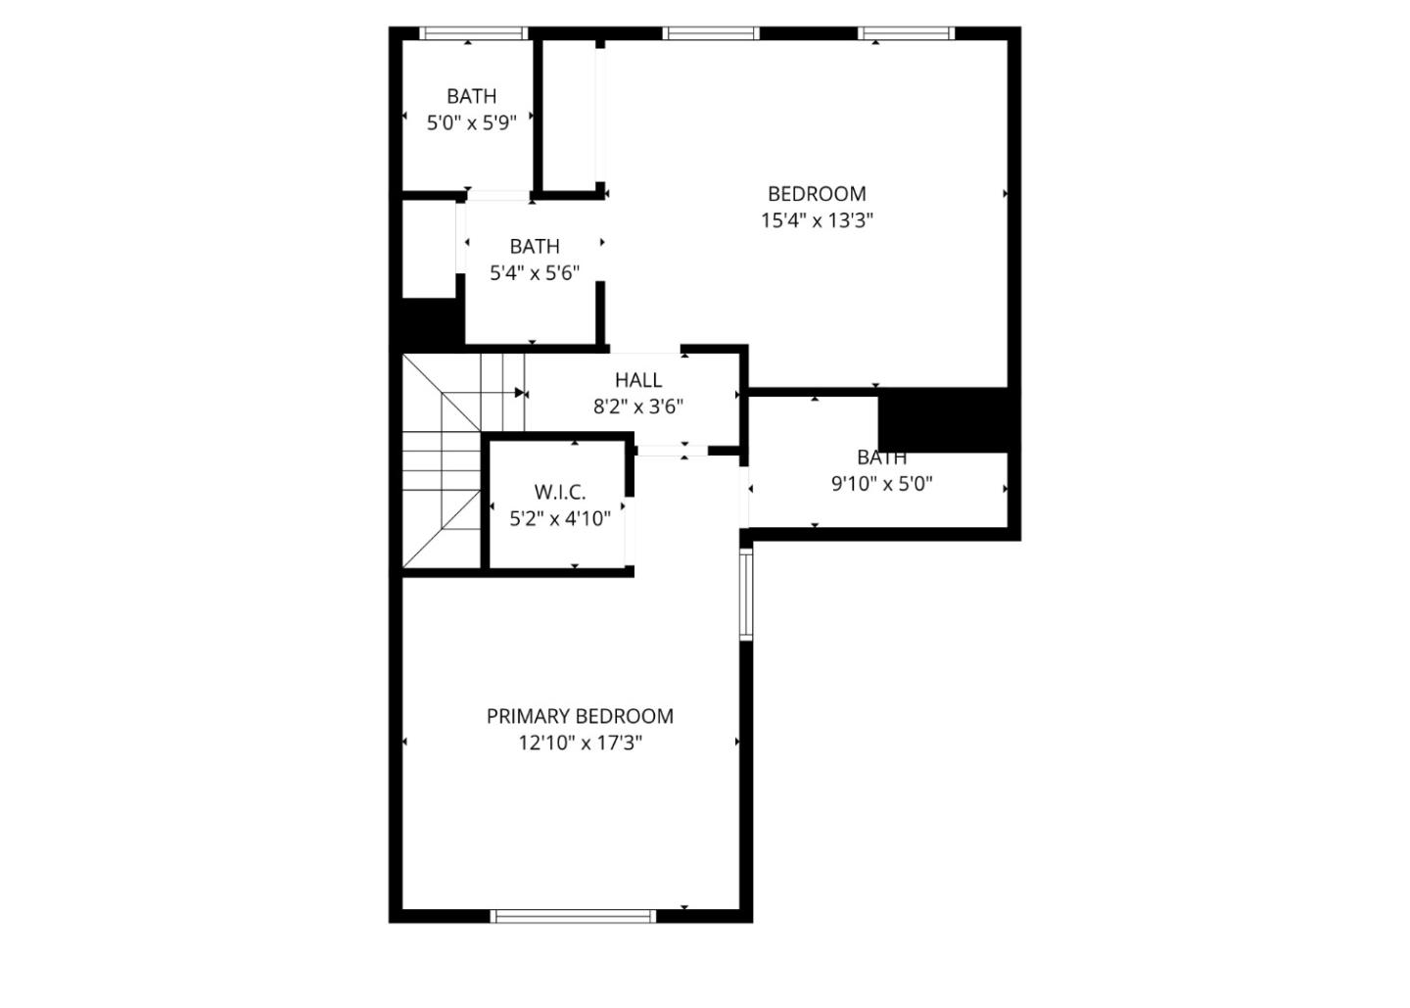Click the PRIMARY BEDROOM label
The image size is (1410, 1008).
(x=580, y=716)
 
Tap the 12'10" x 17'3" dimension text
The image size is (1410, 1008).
(x=580, y=743)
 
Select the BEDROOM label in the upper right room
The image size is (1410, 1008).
(x=817, y=194)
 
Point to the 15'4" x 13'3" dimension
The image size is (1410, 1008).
(x=817, y=220)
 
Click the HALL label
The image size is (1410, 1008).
(x=638, y=380)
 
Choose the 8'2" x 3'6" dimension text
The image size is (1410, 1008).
(x=638, y=407)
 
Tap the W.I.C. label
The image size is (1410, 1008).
(x=560, y=493)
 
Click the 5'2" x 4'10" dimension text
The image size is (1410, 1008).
(x=560, y=519)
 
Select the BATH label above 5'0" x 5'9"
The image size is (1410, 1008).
(x=471, y=96)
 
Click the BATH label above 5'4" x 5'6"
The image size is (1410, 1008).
(x=535, y=247)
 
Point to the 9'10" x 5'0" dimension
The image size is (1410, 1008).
(x=881, y=483)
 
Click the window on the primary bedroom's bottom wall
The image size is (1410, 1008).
(x=573, y=916)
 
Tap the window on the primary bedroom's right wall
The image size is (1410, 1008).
(x=745, y=594)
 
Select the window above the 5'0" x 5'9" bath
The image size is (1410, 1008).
(x=474, y=33)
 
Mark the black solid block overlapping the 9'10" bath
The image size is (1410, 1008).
(x=943, y=419)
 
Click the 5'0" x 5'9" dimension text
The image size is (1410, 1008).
(x=471, y=122)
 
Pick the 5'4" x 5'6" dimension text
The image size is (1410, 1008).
(x=535, y=273)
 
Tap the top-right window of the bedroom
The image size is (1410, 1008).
(x=906, y=33)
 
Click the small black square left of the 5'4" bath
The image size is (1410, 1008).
(x=429, y=321)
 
